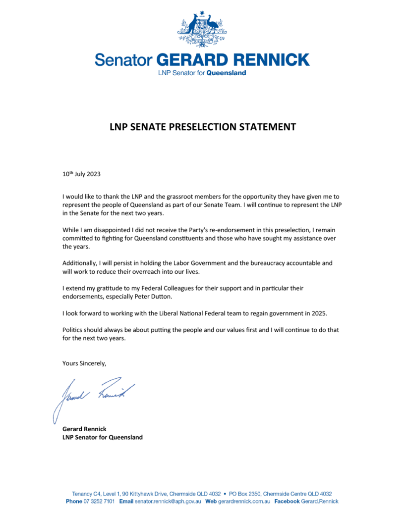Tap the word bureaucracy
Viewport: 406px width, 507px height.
252,262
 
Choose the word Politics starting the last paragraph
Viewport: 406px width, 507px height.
74,329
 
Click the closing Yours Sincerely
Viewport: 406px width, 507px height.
84,363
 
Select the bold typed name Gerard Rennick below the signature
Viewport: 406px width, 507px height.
84,429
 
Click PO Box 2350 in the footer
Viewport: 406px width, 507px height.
245,494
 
